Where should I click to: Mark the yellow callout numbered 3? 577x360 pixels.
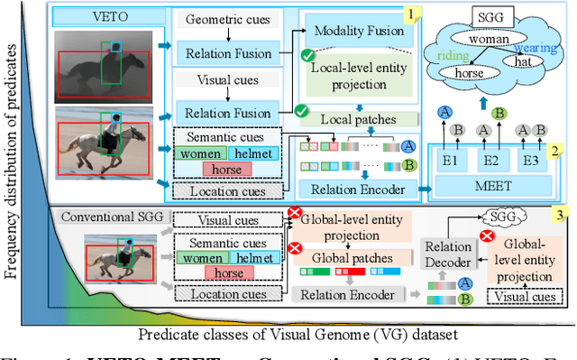(562, 215)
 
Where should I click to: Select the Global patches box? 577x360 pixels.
(344, 257)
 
